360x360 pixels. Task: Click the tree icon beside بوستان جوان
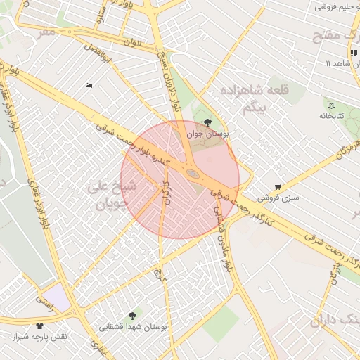tap(206, 122)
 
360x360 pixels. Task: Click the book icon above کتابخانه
tap(331, 105)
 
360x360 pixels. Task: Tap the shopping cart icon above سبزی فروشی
tap(278, 187)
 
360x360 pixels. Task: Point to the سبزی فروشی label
tap(278, 198)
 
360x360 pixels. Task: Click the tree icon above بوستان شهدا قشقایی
tap(132, 316)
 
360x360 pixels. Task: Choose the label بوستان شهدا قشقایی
tap(139, 327)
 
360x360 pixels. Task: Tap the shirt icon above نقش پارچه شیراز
tap(39, 326)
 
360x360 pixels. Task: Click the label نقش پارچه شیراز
tap(39, 336)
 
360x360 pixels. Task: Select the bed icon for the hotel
tap(89, 85)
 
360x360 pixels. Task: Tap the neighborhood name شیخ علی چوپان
tap(108, 195)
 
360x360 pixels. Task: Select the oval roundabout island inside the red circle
tap(192, 172)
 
